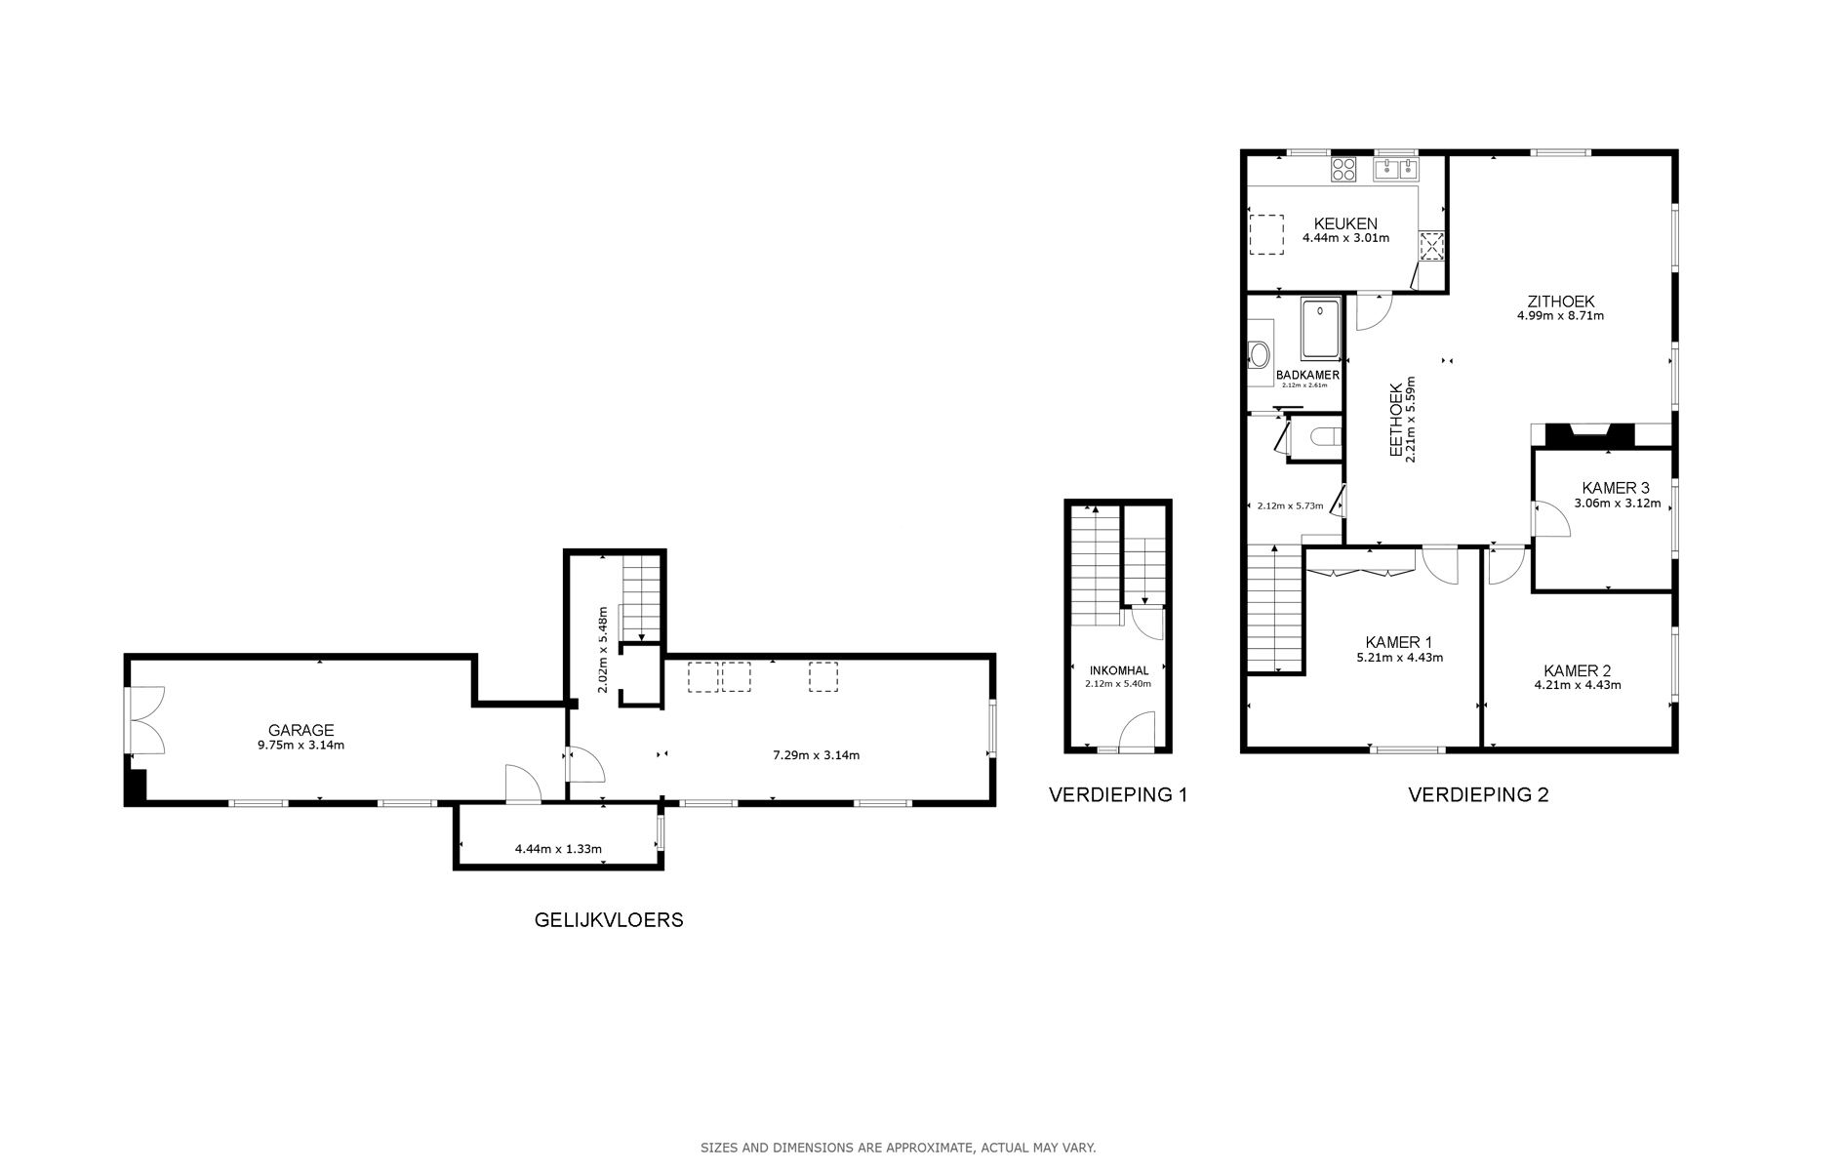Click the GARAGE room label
(x=301, y=730)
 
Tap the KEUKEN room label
(x=1345, y=224)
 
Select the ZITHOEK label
(x=1561, y=302)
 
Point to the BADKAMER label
(x=1307, y=375)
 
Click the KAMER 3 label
(x=1616, y=489)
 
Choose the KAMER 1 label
(x=1399, y=642)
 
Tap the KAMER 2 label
(x=1578, y=670)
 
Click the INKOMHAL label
(x=1119, y=670)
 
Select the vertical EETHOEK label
(x=1397, y=420)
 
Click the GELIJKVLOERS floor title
(x=609, y=920)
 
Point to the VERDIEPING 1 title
(x=1118, y=794)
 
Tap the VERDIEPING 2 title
(x=1478, y=794)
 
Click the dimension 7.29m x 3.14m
(x=816, y=754)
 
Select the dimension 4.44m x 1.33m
(x=558, y=849)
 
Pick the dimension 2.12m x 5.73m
(x=1290, y=505)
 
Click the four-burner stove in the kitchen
(x=1344, y=169)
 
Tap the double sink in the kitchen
(x=1396, y=169)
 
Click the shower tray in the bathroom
(x=1321, y=330)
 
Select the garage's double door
(x=145, y=720)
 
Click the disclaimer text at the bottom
(x=899, y=1148)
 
